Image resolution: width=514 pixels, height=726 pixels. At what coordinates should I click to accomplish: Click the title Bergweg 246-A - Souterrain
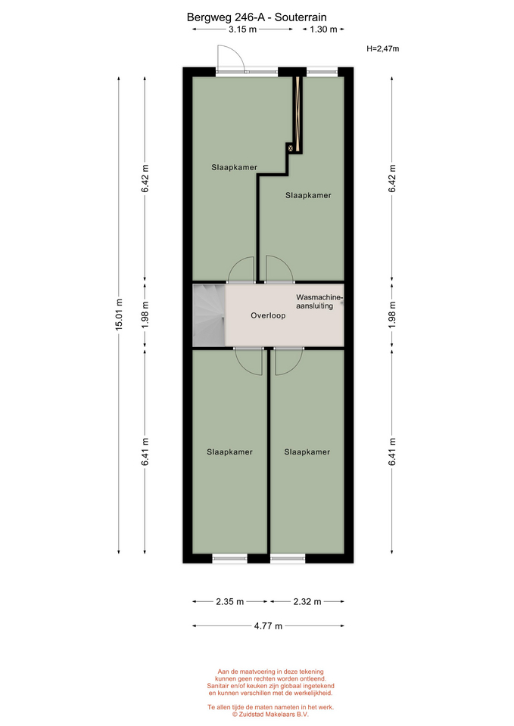click(257, 17)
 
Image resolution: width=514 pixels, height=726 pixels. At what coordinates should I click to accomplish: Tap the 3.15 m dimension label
click(242, 29)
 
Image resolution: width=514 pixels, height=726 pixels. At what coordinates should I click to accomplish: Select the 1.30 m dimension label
click(323, 29)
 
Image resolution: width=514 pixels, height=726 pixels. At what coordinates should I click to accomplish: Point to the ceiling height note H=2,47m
click(383, 48)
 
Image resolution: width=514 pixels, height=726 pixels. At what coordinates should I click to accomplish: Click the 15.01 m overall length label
click(119, 315)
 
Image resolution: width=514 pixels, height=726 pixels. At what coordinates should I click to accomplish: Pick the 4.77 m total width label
click(268, 626)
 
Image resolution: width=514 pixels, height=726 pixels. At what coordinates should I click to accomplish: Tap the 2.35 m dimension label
click(230, 602)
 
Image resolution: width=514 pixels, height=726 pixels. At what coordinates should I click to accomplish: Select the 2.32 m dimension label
click(307, 602)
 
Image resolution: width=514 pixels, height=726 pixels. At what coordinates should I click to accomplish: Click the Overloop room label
click(269, 316)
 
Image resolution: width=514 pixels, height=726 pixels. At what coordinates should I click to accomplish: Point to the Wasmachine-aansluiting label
click(319, 302)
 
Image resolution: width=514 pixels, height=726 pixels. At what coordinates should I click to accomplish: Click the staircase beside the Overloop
click(209, 315)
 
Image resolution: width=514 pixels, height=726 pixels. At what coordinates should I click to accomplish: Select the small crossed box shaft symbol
click(291, 148)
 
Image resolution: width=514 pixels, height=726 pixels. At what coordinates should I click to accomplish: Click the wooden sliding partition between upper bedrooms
click(297, 114)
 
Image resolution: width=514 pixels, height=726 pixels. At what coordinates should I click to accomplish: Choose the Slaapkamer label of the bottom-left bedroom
click(230, 452)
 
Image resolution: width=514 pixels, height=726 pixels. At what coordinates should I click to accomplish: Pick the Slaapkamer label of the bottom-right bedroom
click(307, 452)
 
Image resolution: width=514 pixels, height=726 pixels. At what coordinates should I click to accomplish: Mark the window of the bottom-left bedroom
click(230, 559)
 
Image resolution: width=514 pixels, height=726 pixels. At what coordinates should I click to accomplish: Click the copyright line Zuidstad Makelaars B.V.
click(271, 715)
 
